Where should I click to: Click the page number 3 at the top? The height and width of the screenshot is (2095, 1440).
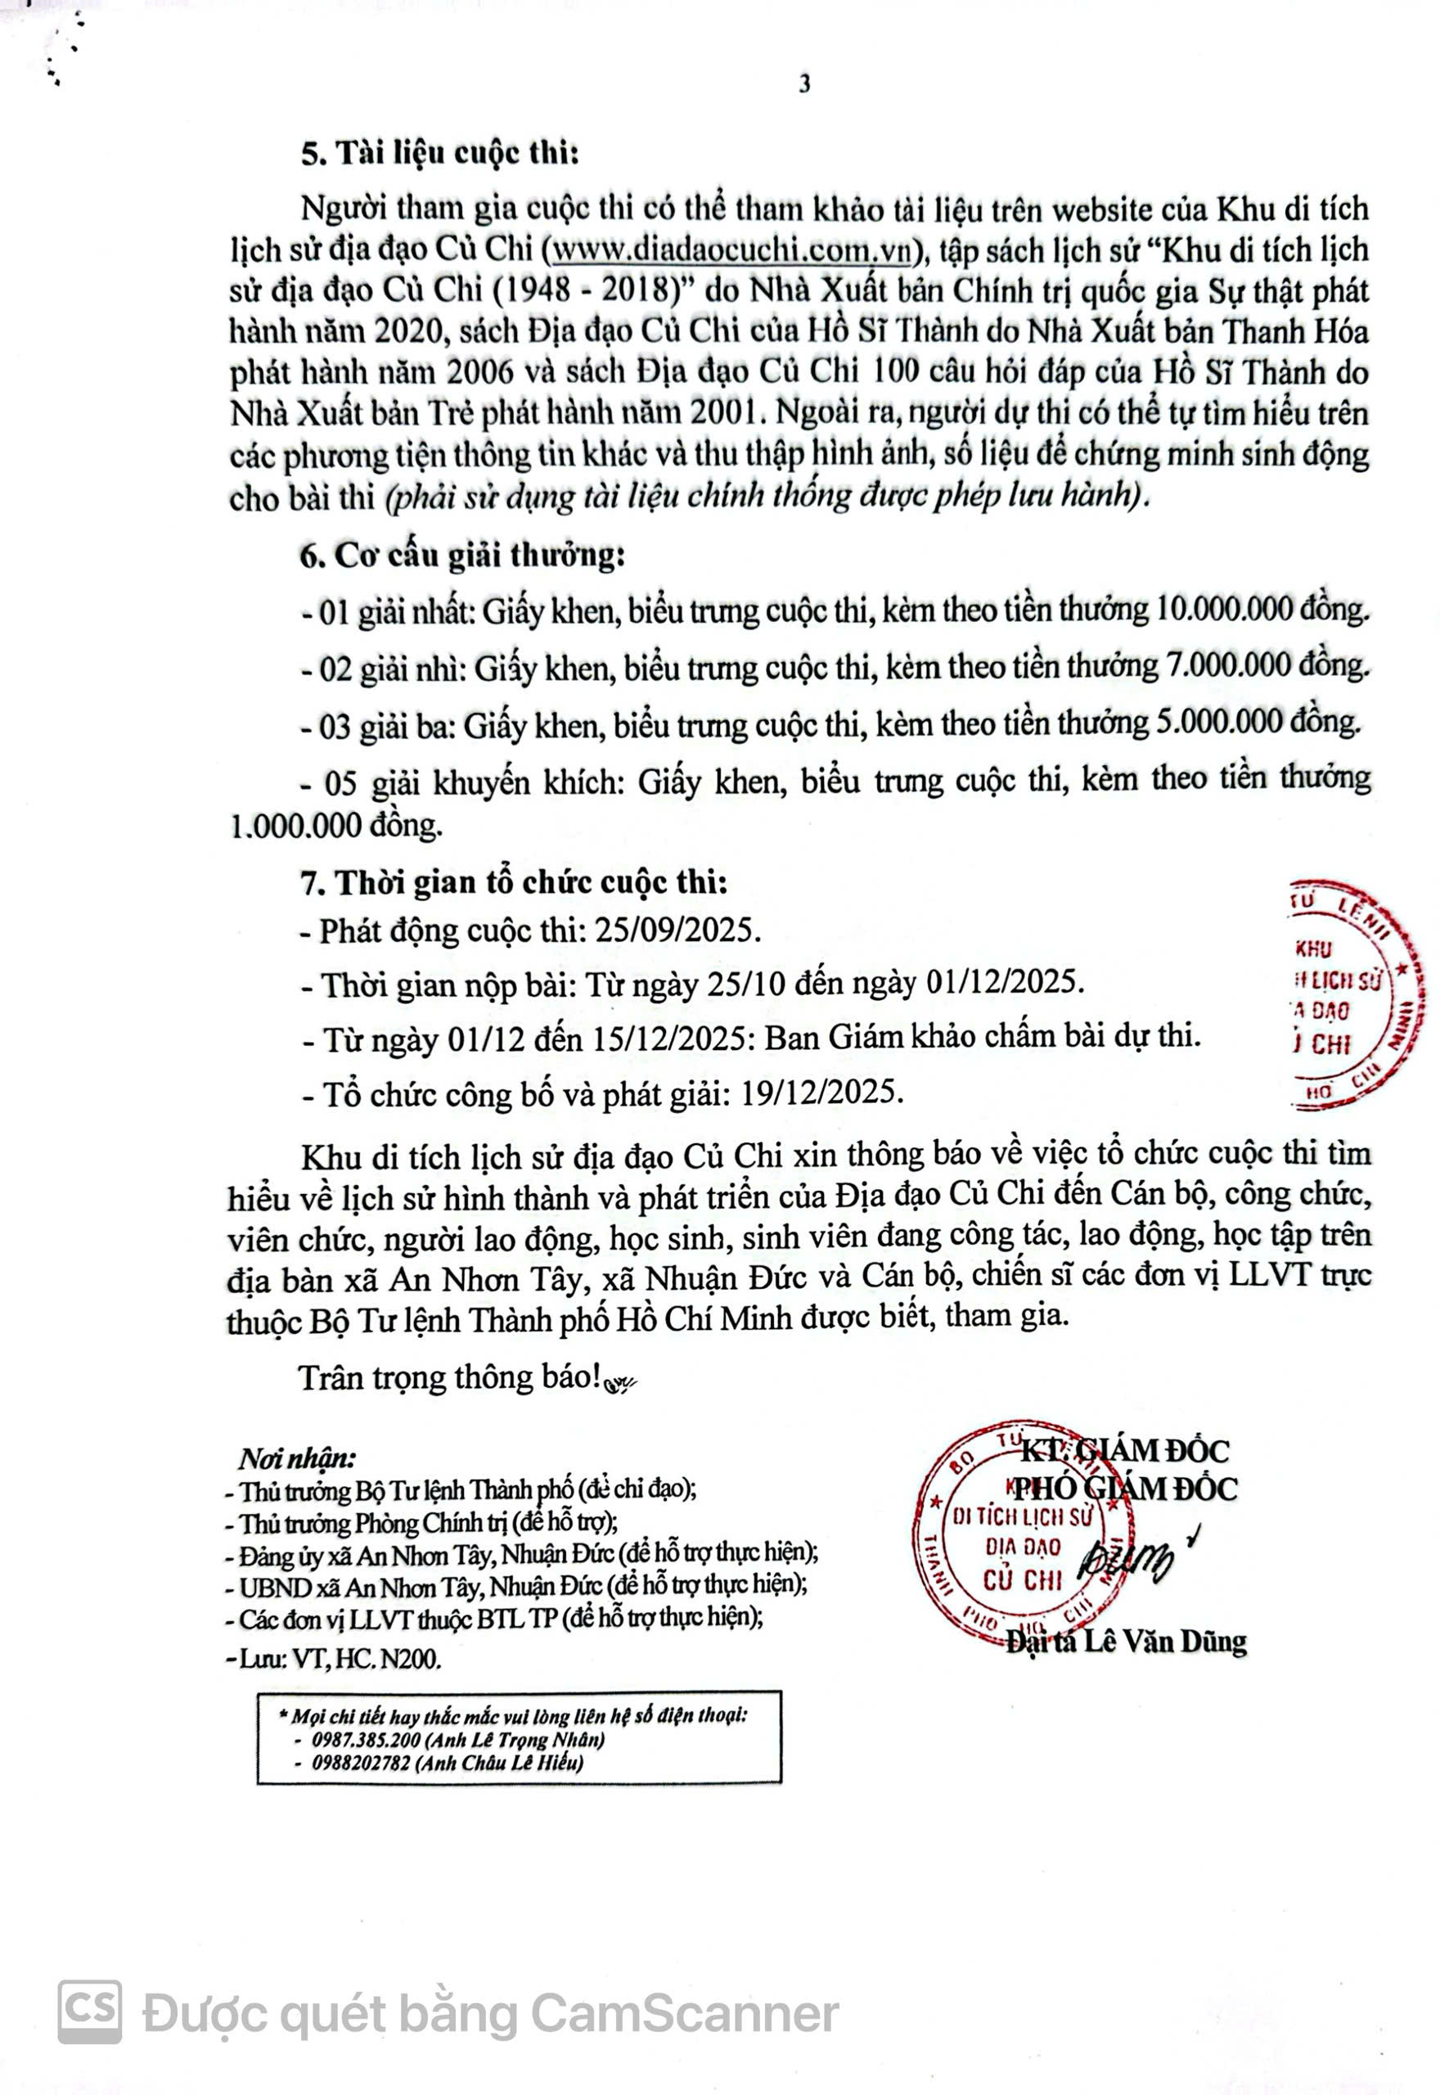pos(804,84)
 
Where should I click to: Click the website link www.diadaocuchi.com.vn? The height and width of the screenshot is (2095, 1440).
pos(731,250)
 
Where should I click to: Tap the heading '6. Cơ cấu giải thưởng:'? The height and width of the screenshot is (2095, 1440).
pos(463,555)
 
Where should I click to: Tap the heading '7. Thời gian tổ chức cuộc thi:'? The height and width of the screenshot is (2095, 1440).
pos(513,882)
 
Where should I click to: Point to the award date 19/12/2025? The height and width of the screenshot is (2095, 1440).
pos(821,1093)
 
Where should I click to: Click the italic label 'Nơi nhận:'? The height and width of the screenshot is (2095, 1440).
pos(296,1459)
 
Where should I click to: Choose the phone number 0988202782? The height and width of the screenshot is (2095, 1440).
pos(362,1762)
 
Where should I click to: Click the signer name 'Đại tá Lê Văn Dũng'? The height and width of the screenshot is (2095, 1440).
pos(1126,1640)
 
